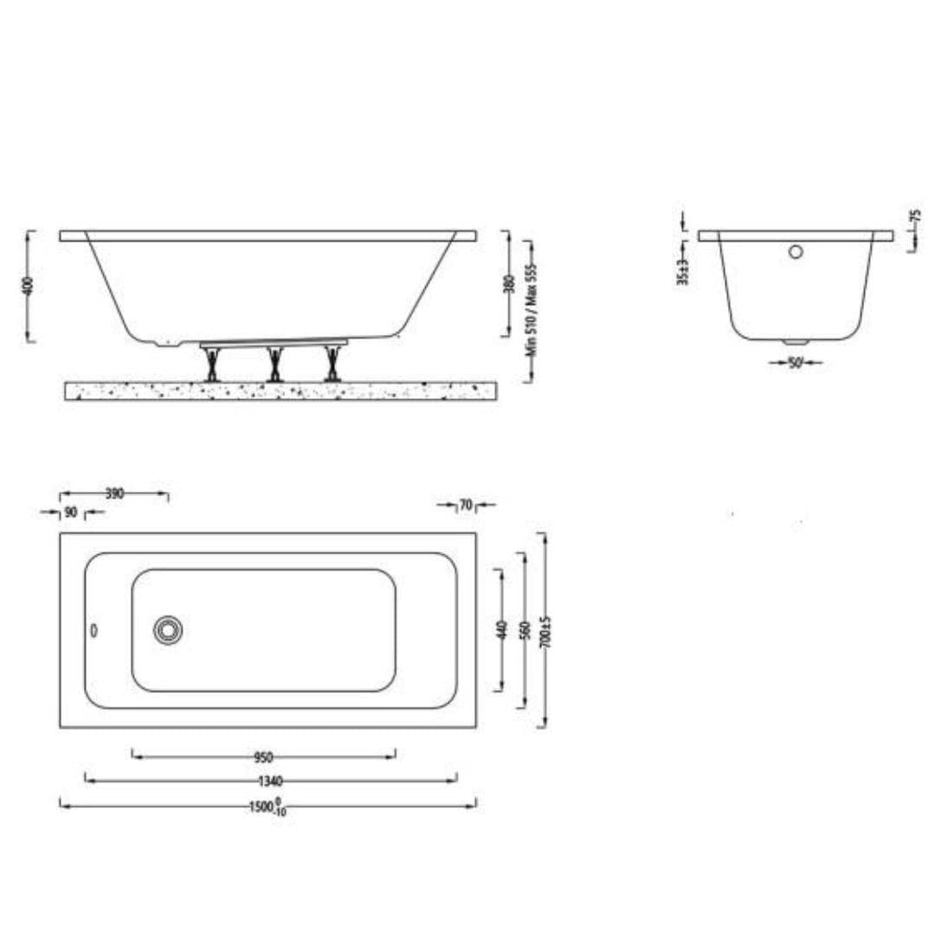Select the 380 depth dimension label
tap(509, 284)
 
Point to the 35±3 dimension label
tap(683, 271)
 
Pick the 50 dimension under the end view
tap(795, 363)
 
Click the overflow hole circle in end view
tap(795, 252)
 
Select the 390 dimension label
tap(114, 493)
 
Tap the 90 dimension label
tap(71, 513)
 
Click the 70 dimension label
tap(465, 505)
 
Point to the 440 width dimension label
tap(500, 629)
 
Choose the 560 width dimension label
tap(523, 629)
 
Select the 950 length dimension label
tap(263, 758)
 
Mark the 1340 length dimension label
tap(271, 781)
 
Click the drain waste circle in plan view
tap(167, 629)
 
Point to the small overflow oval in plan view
tap(94, 630)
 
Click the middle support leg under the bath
tap(274, 364)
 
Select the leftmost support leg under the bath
tap(210, 364)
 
